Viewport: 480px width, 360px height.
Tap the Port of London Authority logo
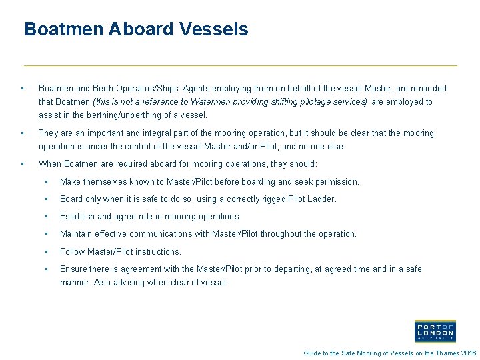(x=435, y=331)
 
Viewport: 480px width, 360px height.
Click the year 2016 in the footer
(x=469, y=353)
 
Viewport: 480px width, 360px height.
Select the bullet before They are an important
(x=23, y=133)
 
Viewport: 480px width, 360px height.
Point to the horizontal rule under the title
(x=240, y=65)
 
